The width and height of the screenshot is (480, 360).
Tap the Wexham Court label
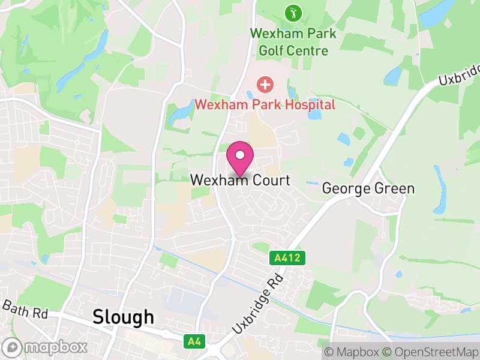(x=240, y=180)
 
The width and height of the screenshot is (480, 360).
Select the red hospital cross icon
(x=264, y=85)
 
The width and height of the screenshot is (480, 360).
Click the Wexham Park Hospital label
(x=265, y=104)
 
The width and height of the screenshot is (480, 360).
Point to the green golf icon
(x=293, y=13)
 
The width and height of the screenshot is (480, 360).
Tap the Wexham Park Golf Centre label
(x=293, y=42)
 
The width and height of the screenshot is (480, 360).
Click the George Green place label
(x=368, y=188)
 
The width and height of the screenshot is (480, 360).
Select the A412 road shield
(x=287, y=258)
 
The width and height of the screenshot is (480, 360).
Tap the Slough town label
(x=123, y=317)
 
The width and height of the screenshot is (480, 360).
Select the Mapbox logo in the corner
(x=46, y=347)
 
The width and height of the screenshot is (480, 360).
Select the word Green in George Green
(x=394, y=188)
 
